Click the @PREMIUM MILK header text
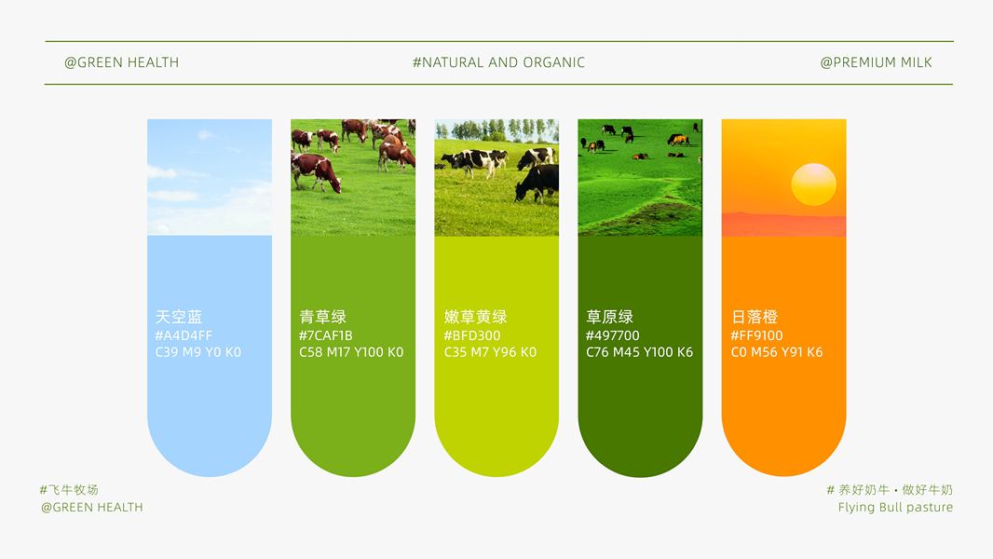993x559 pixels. (876, 62)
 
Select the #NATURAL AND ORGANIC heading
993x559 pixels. (498, 62)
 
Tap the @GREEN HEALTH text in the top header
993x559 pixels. (122, 62)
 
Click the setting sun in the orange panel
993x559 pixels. (813, 184)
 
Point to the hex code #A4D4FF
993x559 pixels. (184, 335)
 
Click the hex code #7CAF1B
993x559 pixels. (325, 335)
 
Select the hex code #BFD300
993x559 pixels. (471, 335)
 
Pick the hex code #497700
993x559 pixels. (612, 335)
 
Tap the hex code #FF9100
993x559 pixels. (756, 335)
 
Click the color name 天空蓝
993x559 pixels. (179, 317)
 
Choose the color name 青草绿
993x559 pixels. (322, 317)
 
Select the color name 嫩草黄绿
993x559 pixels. (475, 317)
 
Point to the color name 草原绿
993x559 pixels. (609, 317)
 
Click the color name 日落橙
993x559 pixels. (755, 317)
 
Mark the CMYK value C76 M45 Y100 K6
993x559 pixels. (640, 352)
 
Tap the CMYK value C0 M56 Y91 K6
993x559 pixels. (777, 352)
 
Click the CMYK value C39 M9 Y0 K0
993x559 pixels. (198, 352)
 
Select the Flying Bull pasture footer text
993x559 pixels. (895, 507)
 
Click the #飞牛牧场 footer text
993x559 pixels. (69, 489)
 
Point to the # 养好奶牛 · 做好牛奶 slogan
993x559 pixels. (890, 489)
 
